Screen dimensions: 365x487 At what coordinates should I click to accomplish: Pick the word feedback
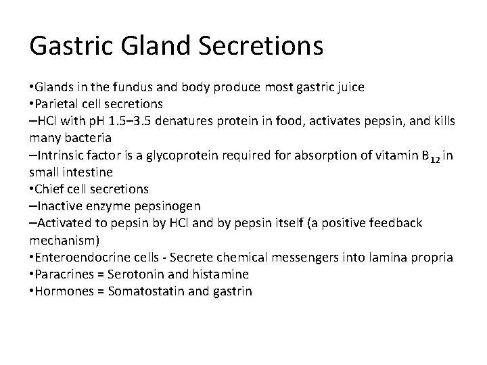pos(396,222)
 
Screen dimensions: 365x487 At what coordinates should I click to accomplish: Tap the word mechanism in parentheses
pos(65,239)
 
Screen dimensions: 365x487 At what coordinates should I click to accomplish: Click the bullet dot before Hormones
pos(32,291)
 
